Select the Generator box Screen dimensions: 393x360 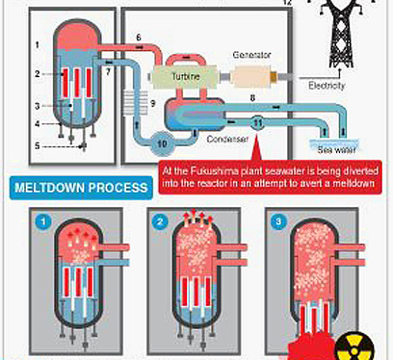tap(251, 77)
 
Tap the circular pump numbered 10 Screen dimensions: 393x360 tap(162, 142)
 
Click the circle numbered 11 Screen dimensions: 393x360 tap(257, 123)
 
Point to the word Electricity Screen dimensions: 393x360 tap(327, 86)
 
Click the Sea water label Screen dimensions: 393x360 tap(336, 150)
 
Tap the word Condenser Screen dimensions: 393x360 tap(227, 139)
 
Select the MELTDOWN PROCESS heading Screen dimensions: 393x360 tap(81, 188)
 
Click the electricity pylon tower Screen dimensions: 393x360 tap(342, 34)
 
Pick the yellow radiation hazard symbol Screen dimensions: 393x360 tap(354, 347)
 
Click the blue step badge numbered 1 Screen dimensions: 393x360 tap(43, 221)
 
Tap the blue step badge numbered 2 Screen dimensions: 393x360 tap(160, 221)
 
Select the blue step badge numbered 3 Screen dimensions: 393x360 tap(278, 221)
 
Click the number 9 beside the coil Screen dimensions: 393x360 tap(153, 104)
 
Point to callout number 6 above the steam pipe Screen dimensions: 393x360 tap(139, 38)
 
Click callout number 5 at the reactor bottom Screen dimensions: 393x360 tap(38, 146)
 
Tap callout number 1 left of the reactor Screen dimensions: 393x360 tap(38, 45)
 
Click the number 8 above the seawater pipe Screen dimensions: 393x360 tap(252, 98)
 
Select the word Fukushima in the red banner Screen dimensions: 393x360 tap(209, 170)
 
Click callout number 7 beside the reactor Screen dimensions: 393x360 tap(108, 72)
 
